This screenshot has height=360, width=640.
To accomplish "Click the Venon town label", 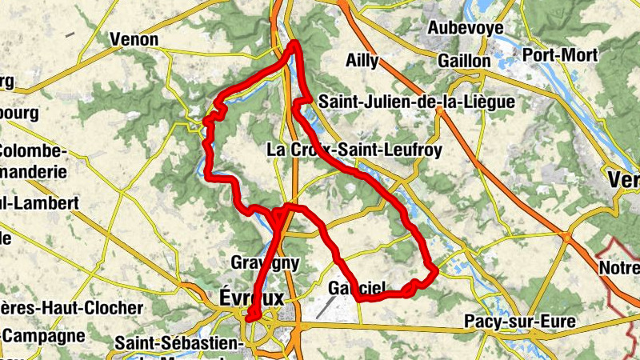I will [x=134, y=39].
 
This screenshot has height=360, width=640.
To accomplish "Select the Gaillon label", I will [x=464, y=62].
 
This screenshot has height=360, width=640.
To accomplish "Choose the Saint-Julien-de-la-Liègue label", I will [x=416, y=102].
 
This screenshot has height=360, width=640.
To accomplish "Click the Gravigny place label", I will [x=264, y=262].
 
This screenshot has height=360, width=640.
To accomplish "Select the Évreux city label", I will [x=250, y=297].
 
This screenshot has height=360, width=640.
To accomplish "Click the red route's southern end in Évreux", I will [x=249, y=318].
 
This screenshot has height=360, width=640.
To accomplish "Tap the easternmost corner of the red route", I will [x=435, y=272].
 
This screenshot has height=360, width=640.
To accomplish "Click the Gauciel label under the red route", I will [x=358, y=288].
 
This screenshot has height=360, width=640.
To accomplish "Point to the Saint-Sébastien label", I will [x=178, y=342].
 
